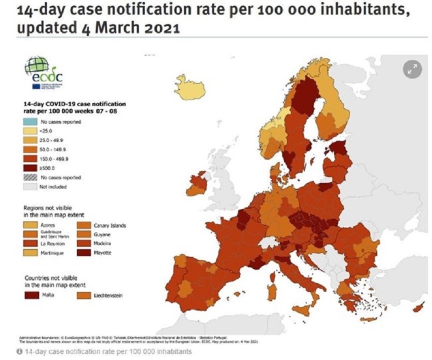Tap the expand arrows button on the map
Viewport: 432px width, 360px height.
click(412, 69)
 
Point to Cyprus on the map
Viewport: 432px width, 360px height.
click(419, 308)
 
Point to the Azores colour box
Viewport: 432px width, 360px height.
click(30, 224)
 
